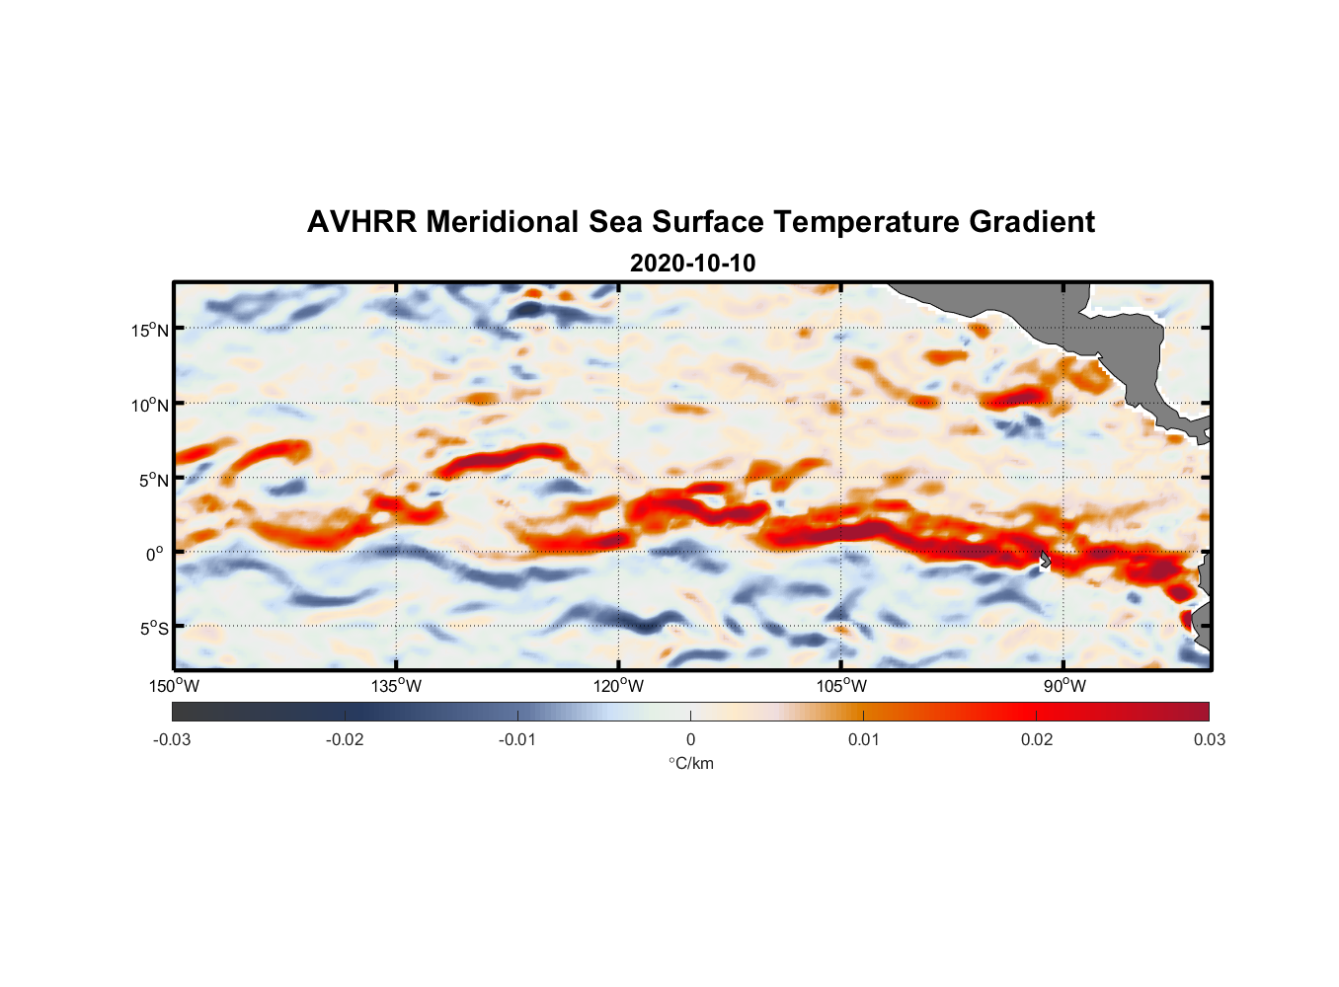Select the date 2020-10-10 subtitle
point(692,264)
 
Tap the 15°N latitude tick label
point(150,330)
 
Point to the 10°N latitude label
point(150,405)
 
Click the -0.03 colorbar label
point(172,740)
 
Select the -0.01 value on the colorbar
point(517,740)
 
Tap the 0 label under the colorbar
point(690,740)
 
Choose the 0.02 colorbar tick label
point(1037,740)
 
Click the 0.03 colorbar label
point(1209,740)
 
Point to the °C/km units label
point(690,764)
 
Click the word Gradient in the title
point(1031,222)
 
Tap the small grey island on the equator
point(1045,560)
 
